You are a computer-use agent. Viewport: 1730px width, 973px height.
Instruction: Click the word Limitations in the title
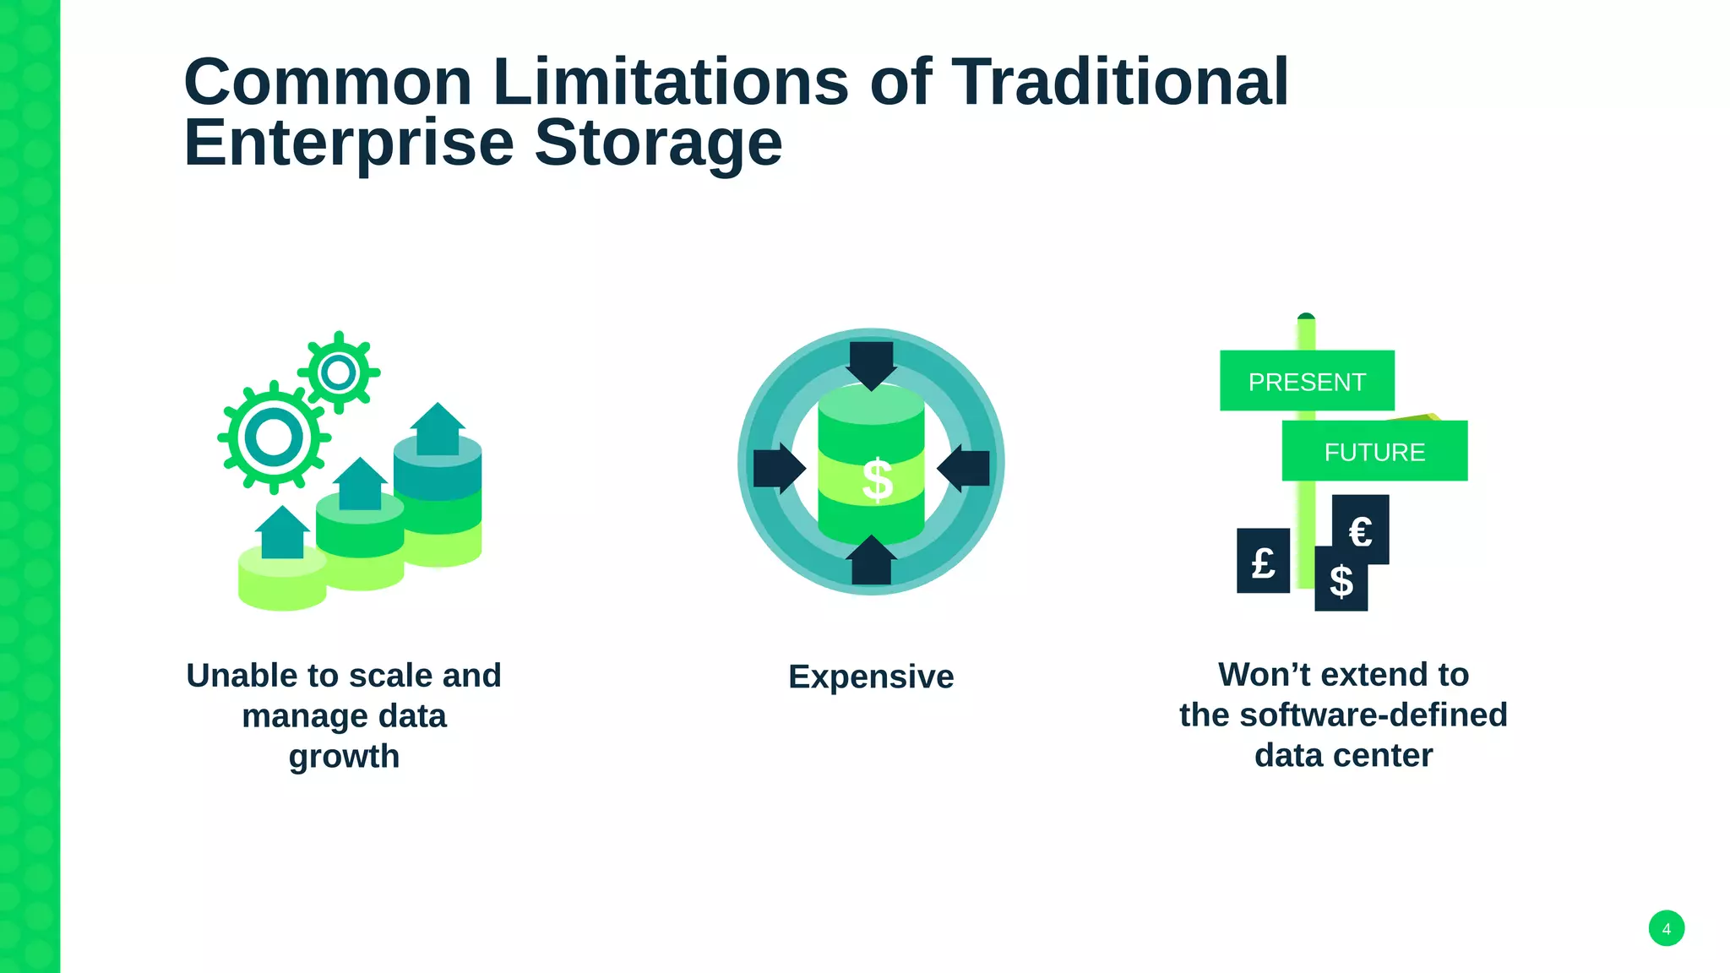(x=670, y=82)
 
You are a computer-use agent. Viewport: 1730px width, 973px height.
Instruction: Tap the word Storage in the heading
(x=658, y=143)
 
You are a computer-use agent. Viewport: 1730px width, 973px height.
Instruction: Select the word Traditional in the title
(x=1120, y=82)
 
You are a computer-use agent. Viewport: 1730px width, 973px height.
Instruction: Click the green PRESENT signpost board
(x=1306, y=381)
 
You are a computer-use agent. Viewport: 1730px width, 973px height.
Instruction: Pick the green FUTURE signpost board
(x=1374, y=452)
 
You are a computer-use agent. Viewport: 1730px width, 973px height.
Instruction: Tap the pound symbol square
(x=1263, y=562)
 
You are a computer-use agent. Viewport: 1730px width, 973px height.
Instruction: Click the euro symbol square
(x=1362, y=529)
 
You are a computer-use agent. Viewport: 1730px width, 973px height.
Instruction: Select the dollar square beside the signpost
(x=1341, y=582)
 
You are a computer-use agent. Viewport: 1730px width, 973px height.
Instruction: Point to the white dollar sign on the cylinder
(x=877, y=481)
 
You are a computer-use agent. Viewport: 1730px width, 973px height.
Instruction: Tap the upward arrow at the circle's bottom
(x=871, y=561)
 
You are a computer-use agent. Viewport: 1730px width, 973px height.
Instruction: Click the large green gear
(x=274, y=438)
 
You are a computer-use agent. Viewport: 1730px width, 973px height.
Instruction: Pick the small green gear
(x=339, y=372)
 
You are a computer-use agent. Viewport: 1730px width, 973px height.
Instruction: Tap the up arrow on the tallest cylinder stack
(x=438, y=429)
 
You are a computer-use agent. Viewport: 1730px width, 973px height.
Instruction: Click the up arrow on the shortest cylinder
(x=282, y=533)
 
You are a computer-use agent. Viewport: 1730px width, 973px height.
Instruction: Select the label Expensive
(x=871, y=677)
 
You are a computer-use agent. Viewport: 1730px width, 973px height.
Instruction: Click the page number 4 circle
(x=1666, y=928)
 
